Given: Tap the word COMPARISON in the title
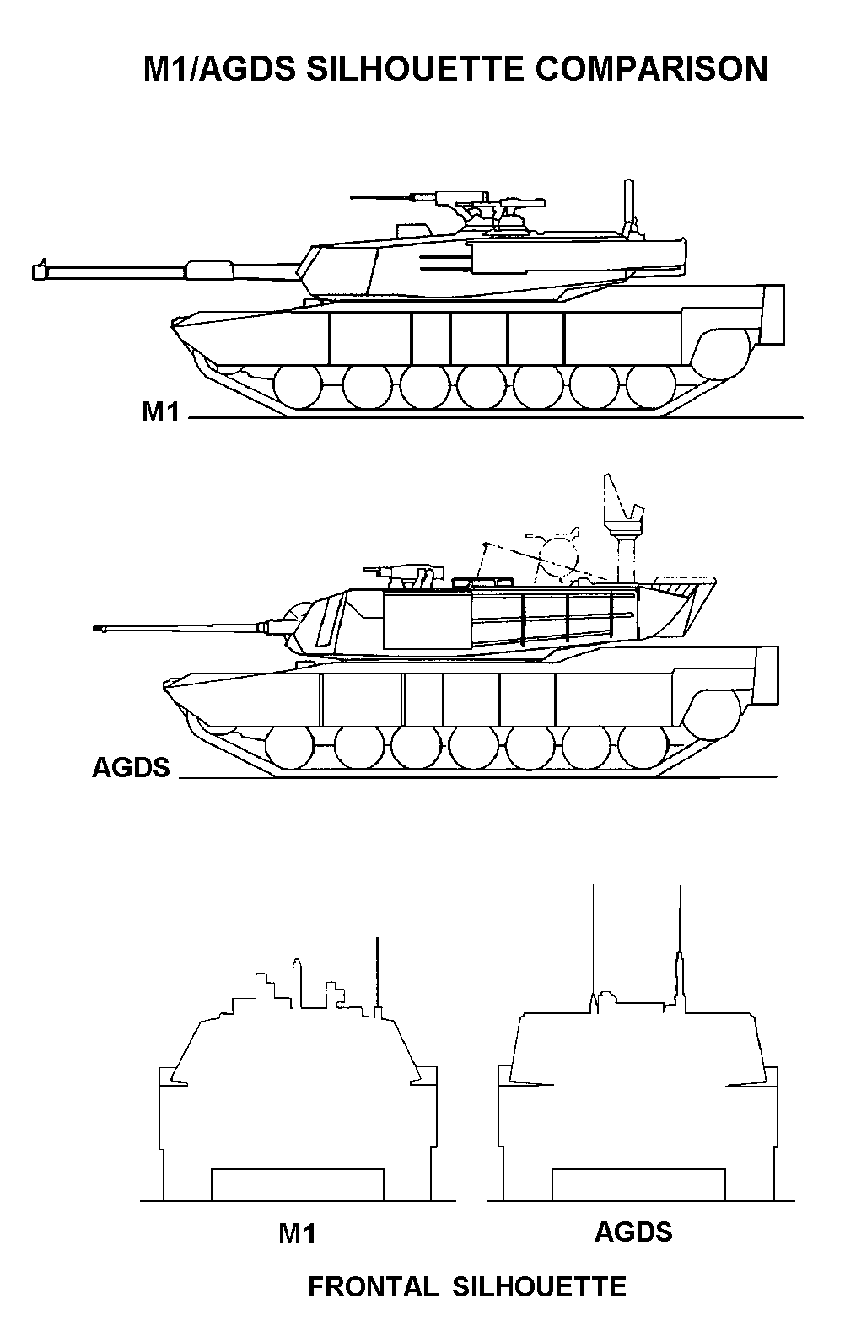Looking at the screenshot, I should (x=651, y=69).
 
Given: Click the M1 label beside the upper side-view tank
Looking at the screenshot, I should (x=161, y=413).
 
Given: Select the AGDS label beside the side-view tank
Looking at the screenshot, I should (x=131, y=768).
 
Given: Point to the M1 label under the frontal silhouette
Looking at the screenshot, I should (x=297, y=1235).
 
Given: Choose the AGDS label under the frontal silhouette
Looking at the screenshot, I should (x=633, y=1232).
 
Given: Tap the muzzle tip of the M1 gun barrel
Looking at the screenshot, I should (x=37, y=271).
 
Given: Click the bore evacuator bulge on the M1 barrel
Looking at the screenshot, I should (x=210, y=269).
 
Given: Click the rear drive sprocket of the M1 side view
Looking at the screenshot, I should (x=721, y=352).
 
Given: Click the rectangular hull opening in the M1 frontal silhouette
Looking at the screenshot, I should (x=298, y=1184).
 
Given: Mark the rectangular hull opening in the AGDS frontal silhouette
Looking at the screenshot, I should (x=638, y=1184).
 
